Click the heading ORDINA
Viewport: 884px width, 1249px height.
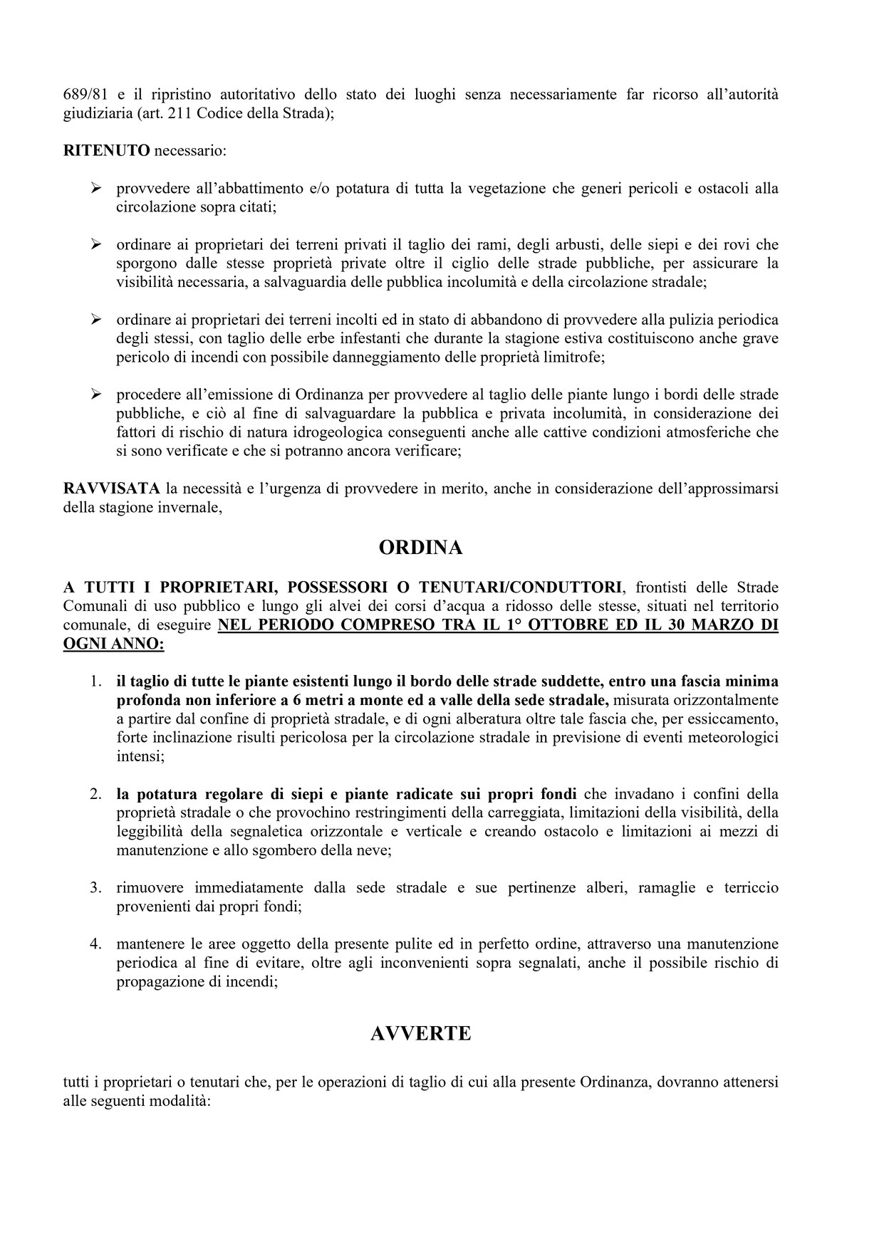click(420, 548)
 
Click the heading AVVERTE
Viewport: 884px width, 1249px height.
click(420, 1033)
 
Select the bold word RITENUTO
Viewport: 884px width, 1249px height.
click(106, 151)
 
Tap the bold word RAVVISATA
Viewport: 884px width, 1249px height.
click(111, 489)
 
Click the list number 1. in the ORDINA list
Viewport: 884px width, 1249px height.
click(95, 681)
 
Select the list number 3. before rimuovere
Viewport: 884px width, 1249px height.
click(95, 888)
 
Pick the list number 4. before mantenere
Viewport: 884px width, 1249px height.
click(95, 944)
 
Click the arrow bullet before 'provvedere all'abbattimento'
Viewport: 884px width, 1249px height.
click(95, 189)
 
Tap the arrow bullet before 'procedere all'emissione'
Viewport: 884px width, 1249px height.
click(95, 394)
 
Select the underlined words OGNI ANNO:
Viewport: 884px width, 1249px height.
click(113, 644)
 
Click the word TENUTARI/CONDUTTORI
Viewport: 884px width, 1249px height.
click(519, 587)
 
